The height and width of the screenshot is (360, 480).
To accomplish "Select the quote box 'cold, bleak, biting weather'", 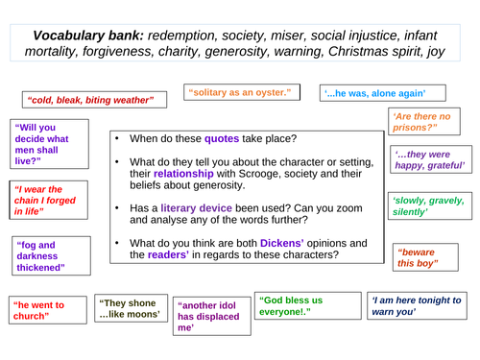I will click(92, 99).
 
